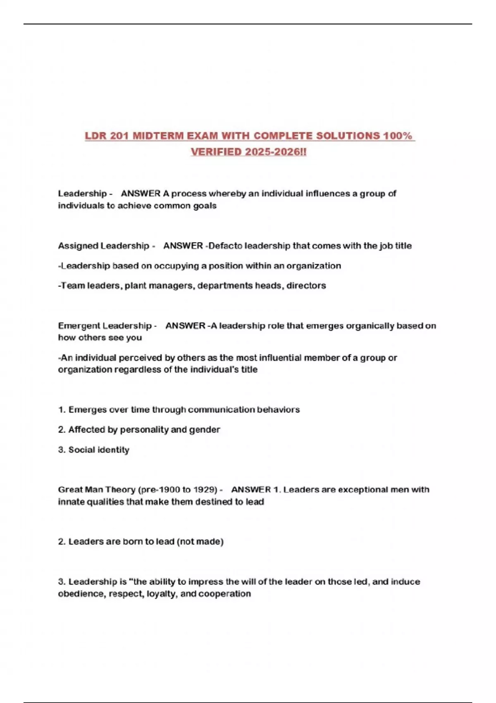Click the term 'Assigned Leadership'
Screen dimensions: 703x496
point(103,246)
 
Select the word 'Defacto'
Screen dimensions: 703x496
point(225,246)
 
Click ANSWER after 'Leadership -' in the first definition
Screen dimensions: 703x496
point(141,194)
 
